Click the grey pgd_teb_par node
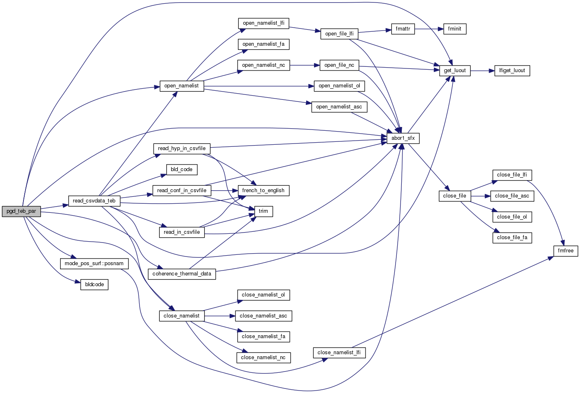[21, 211]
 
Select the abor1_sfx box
[403, 138]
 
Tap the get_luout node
[454, 71]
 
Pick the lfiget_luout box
[512, 71]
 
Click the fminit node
[454, 29]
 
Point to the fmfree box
[565, 251]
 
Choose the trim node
[263, 211]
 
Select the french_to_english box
[263, 191]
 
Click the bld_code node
[182, 169]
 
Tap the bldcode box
[94, 285]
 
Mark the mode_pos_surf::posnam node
[94, 264]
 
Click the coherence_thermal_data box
[182, 274]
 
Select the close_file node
[454, 196]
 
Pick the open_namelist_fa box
[263, 44]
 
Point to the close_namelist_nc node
[263, 358]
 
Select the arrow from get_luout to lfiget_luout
[482, 71]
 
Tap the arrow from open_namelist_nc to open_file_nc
[305, 65]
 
